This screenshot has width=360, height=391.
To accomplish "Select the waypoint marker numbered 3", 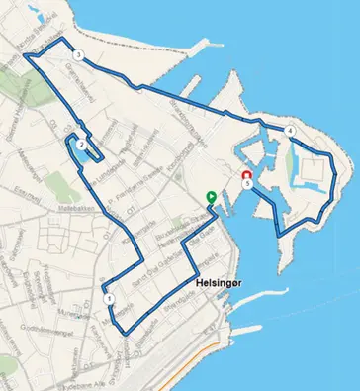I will tap(78, 55).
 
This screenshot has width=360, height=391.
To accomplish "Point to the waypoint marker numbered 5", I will tap(247, 182).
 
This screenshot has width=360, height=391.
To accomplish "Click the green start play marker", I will tap(211, 197).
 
